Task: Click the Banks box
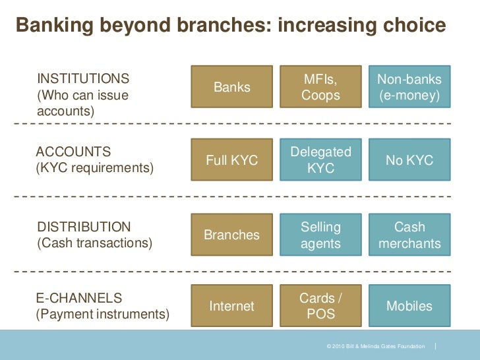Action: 231,87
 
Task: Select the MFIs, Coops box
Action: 320,87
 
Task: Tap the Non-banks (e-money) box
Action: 409,87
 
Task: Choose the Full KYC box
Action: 231,160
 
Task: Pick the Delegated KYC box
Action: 320,160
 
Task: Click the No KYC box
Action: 409,160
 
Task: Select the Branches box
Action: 231,235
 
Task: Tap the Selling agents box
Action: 320,235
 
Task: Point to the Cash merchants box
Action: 409,235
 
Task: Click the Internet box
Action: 231,306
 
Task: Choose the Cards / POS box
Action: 320,306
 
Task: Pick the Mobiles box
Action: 409,306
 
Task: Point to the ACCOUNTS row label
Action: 73,152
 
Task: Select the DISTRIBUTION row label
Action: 84,227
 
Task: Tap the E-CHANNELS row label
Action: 78,298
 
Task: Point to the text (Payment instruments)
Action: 102,314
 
